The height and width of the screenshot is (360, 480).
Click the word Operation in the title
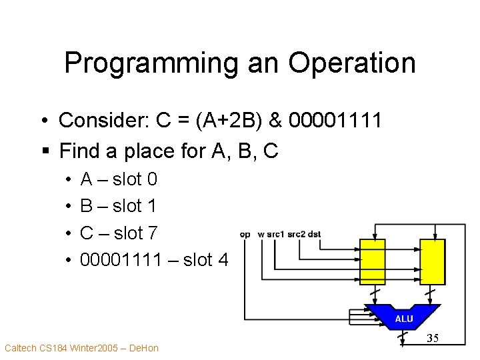click(351, 63)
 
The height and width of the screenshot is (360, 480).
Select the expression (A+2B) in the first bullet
click(237, 121)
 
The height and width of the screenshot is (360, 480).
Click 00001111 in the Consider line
click(337, 121)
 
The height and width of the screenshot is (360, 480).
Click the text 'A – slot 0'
click(119, 179)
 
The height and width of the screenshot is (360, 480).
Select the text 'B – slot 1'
click(119, 206)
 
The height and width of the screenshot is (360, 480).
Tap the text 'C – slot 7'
click(119, 233)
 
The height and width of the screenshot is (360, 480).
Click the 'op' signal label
click(245, 234)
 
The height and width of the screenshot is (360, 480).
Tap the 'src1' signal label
click(275, 234)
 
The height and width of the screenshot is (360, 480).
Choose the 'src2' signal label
click(297, 234)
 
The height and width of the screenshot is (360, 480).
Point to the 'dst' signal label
click(315, 234)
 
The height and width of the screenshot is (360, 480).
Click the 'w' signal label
click(261, 234)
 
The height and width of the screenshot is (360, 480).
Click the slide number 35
click(433, 338)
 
